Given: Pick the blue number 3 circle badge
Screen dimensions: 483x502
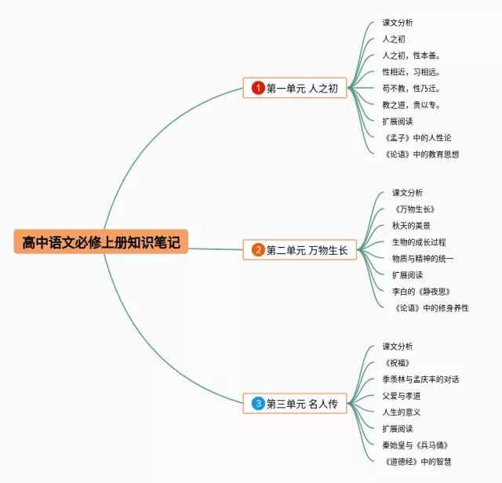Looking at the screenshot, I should pos(258,404).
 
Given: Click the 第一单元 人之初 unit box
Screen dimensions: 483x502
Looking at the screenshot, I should pos(296,89).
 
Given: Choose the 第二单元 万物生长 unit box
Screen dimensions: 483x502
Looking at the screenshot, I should pos(300,250).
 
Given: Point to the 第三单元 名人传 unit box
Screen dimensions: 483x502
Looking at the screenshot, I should pos(296,404).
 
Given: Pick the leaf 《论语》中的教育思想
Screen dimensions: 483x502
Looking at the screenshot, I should pos(421,154).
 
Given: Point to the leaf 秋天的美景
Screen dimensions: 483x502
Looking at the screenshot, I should pos(411,226).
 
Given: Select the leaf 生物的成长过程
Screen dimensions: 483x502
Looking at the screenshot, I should pos(419,242).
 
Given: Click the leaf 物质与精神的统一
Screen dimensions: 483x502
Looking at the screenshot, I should pos(423,259).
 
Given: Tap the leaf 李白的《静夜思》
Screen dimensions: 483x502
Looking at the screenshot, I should pos(421,292).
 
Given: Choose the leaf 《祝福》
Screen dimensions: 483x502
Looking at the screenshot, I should pos(397,363).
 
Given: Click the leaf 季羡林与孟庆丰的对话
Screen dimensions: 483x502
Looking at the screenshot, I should pos(420,379).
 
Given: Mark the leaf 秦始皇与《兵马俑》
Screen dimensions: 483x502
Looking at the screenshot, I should pos(415,445).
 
